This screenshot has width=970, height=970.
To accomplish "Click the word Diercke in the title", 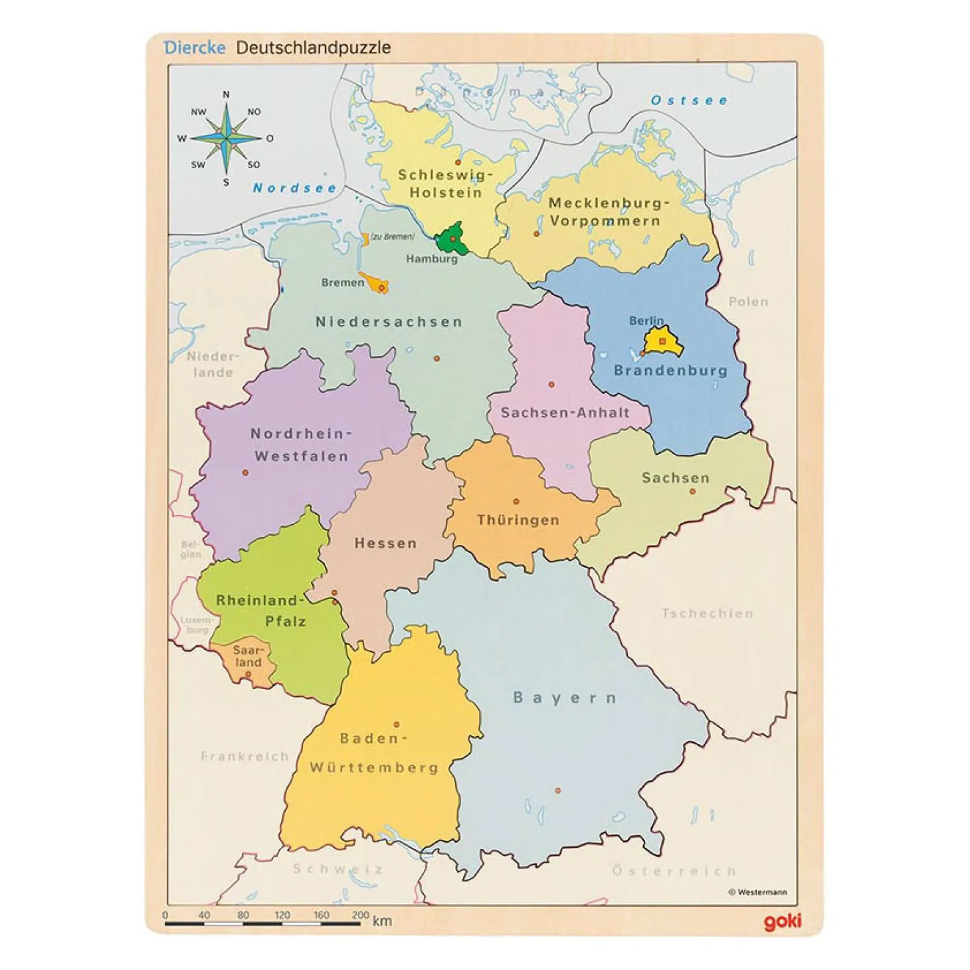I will (x=194, y=48).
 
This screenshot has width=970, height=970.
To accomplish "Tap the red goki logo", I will (x=782, y=921).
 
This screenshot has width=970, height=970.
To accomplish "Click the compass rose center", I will (x=227, y=138).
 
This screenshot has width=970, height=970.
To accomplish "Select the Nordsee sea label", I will (x=294, y=188).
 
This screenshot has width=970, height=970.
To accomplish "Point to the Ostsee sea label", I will (x=688, y=101).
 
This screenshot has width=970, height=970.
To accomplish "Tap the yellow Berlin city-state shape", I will (x=662, y=341).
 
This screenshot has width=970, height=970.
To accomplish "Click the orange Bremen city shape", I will (x=375, y=284).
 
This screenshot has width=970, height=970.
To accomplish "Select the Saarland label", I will (x=248, y=656).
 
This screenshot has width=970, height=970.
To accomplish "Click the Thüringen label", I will (x=518, y=520).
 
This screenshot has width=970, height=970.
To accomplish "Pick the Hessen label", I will (x=385, y=543).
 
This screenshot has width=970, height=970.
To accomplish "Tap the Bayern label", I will (x=565, y=698).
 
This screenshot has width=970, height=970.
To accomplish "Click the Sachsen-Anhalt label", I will (x=565, y=413).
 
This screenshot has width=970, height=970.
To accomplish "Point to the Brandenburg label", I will (x=670, y=370).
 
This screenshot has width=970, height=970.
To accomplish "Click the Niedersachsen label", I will (x=389, y=322).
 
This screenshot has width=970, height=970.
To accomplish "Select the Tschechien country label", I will (x=708, y=613).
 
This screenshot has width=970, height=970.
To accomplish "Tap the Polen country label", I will (x=748, y=302).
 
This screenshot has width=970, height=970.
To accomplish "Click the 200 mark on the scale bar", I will (x=360, y=915).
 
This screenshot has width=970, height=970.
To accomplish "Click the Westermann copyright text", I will (x=757, y=892).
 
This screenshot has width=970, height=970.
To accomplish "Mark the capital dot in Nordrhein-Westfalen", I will (x=245, y=472).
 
